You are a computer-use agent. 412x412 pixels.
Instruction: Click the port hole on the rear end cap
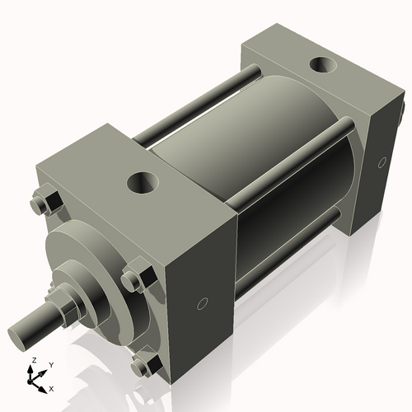click(x=321, y=65)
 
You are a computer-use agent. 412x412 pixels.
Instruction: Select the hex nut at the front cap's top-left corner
click(x=46, y=203)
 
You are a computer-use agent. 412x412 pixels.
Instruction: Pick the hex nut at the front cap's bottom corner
click(x=147, y=364)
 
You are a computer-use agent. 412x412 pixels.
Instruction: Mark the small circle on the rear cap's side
click(x=381, y=162)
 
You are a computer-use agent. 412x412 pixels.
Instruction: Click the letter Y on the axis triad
click(x=50, y=364)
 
